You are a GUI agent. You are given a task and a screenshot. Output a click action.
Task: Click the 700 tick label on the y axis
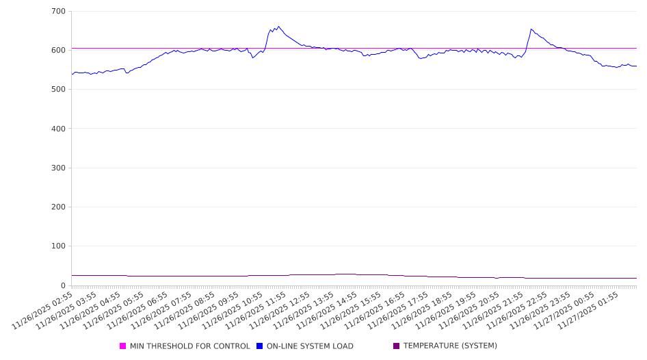pos(58,12)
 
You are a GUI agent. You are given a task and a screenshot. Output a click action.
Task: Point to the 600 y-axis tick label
pos(58,51)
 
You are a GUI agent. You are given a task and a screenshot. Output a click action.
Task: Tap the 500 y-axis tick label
pos(58,90)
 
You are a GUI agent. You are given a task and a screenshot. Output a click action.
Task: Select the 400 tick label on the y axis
pos(58,129)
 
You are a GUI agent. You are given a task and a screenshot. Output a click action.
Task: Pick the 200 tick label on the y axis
pos(58,207)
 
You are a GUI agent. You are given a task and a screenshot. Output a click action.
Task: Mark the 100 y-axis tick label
pos(58,246)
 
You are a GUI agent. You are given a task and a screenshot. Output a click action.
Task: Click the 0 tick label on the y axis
pos(62,285)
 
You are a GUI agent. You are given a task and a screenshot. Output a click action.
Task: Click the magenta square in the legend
pos(123,346)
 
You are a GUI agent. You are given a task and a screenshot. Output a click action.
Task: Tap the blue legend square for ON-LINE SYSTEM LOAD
pos(260,346)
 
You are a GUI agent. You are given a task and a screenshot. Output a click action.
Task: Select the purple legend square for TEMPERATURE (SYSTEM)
pos(396,346)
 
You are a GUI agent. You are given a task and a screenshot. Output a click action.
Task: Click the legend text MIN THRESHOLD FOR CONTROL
pos(189,346)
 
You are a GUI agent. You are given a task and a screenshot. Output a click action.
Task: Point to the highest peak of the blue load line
pos(278,27)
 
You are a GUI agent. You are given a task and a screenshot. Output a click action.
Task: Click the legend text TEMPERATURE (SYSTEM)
pos(450,346)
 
